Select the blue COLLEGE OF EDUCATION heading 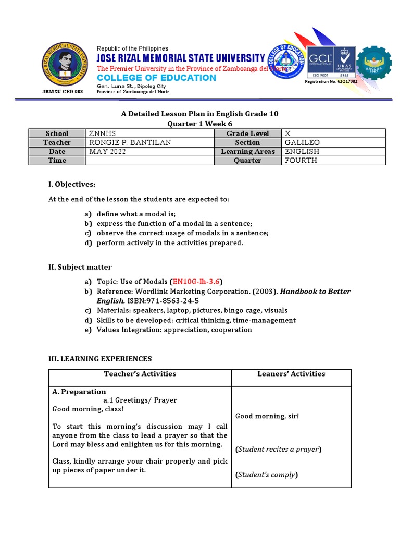click(x=156, y=78)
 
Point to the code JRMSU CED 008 click(x=62, y=92)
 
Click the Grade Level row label click(x=247, y=133)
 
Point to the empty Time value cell click(x=149, y=160)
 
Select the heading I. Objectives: click(x=72, y=184)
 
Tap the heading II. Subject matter click(x=80, y=267)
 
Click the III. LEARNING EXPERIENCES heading click(x=100, y=359)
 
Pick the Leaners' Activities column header click(x=291, y=373)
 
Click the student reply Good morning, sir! click(x=267, y=416)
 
